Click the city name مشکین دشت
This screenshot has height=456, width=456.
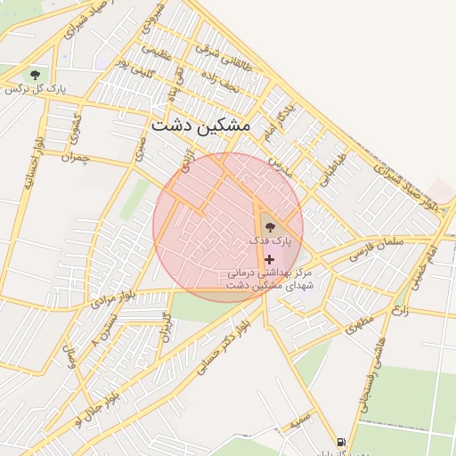pyautogui.click(x=200, y=126)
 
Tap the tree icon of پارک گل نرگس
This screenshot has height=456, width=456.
pyautogui.click(x=35, y=75)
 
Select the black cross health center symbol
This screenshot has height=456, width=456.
pyautogui.click(x=269, y=258)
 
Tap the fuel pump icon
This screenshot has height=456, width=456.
pyautogui.click(x=340, y=442)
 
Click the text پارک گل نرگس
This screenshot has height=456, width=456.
pyautogui.click(x=36, y=90)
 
